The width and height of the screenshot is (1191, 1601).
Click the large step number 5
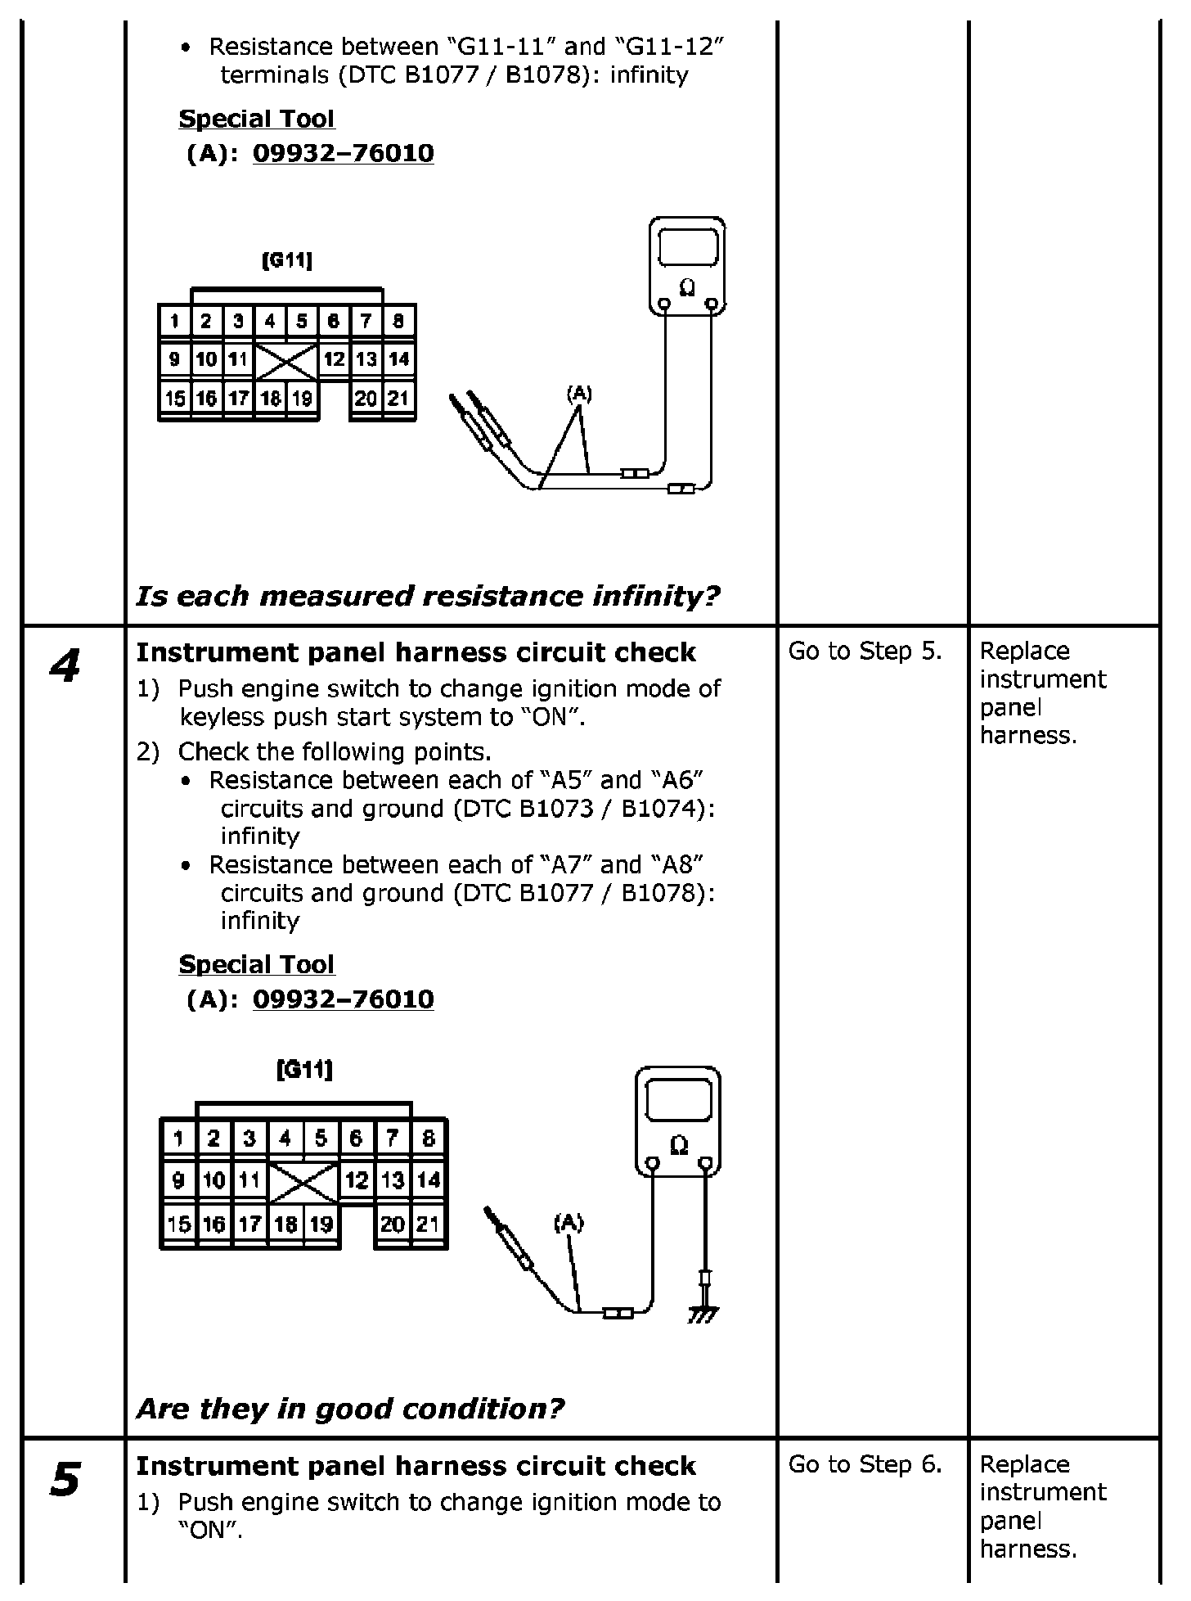point(65,1479)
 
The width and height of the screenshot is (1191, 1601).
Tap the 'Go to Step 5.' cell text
point(865,652)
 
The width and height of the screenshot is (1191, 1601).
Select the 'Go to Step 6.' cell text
point(865,1464)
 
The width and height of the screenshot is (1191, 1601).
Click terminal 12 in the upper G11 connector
point(334,359)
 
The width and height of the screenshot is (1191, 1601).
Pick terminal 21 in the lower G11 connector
point(428,1224)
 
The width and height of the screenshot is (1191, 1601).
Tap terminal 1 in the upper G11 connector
point(174,321)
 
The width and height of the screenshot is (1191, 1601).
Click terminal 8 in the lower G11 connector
point(428,1138)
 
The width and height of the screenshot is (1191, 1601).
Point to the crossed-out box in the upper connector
point(286,361)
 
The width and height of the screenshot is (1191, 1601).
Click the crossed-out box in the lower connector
point(303,1182)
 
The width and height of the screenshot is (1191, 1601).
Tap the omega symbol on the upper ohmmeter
point(688,287)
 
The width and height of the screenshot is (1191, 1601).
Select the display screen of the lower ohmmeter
point(678,1099)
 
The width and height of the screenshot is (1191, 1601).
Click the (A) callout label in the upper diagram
point(579,394)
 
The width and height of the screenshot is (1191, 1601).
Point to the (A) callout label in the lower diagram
point(569,1223)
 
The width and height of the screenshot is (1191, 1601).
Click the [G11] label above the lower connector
point(304,1069)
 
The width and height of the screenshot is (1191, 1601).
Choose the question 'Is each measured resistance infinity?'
point(427,596)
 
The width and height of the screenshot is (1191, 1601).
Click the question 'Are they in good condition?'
point(350,1409)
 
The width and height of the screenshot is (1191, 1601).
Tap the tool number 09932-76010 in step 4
point(343,999)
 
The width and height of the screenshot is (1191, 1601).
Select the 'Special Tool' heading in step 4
point(256,964)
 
